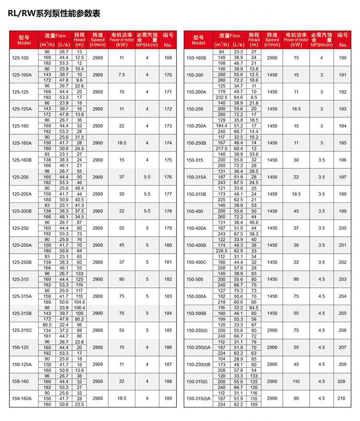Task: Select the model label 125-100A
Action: point(22,75)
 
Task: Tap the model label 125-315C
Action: point(22,330)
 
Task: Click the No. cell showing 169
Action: point(168,58)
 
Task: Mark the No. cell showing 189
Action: point(168,398)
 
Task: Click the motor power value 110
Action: point(296,381)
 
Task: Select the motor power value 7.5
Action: point(121,75)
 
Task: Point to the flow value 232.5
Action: point(222,97)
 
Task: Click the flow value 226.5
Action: point(222,250)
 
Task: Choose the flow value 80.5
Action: point(47,325)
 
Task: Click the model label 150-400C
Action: point(196,262)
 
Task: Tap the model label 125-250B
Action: point(22,262)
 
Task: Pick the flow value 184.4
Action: point(222,125)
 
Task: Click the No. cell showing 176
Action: point(168,177)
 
